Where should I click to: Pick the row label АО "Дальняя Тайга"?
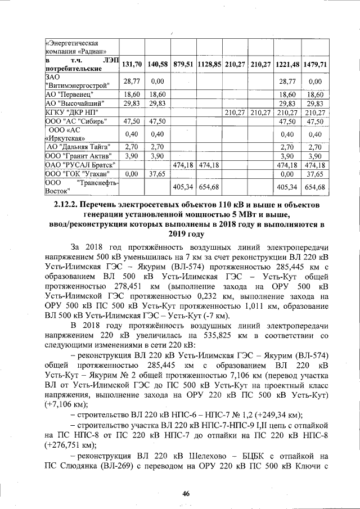tap(79, 146)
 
